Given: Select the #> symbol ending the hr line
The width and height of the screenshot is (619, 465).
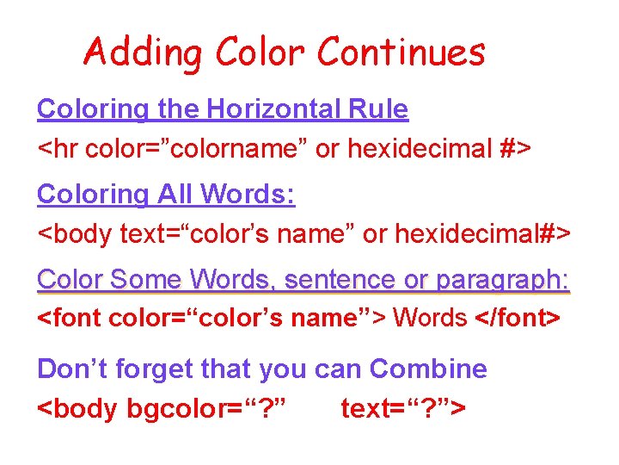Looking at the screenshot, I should pyautogui.click(x=516, y=149).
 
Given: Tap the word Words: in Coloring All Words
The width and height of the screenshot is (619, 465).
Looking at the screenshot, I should pyautogui.click(x=248, y=195).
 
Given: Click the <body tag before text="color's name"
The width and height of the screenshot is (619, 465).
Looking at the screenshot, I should pyautogui.click(x=76, y=233).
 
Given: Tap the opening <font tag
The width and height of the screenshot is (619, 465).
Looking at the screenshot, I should pyautogui.click(x=70, y=318).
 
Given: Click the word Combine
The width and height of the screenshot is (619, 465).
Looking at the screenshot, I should pyautogui.click(x=428, y=369).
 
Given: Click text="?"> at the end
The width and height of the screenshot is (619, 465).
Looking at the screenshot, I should pyautogui.click(x=403, y=407).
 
